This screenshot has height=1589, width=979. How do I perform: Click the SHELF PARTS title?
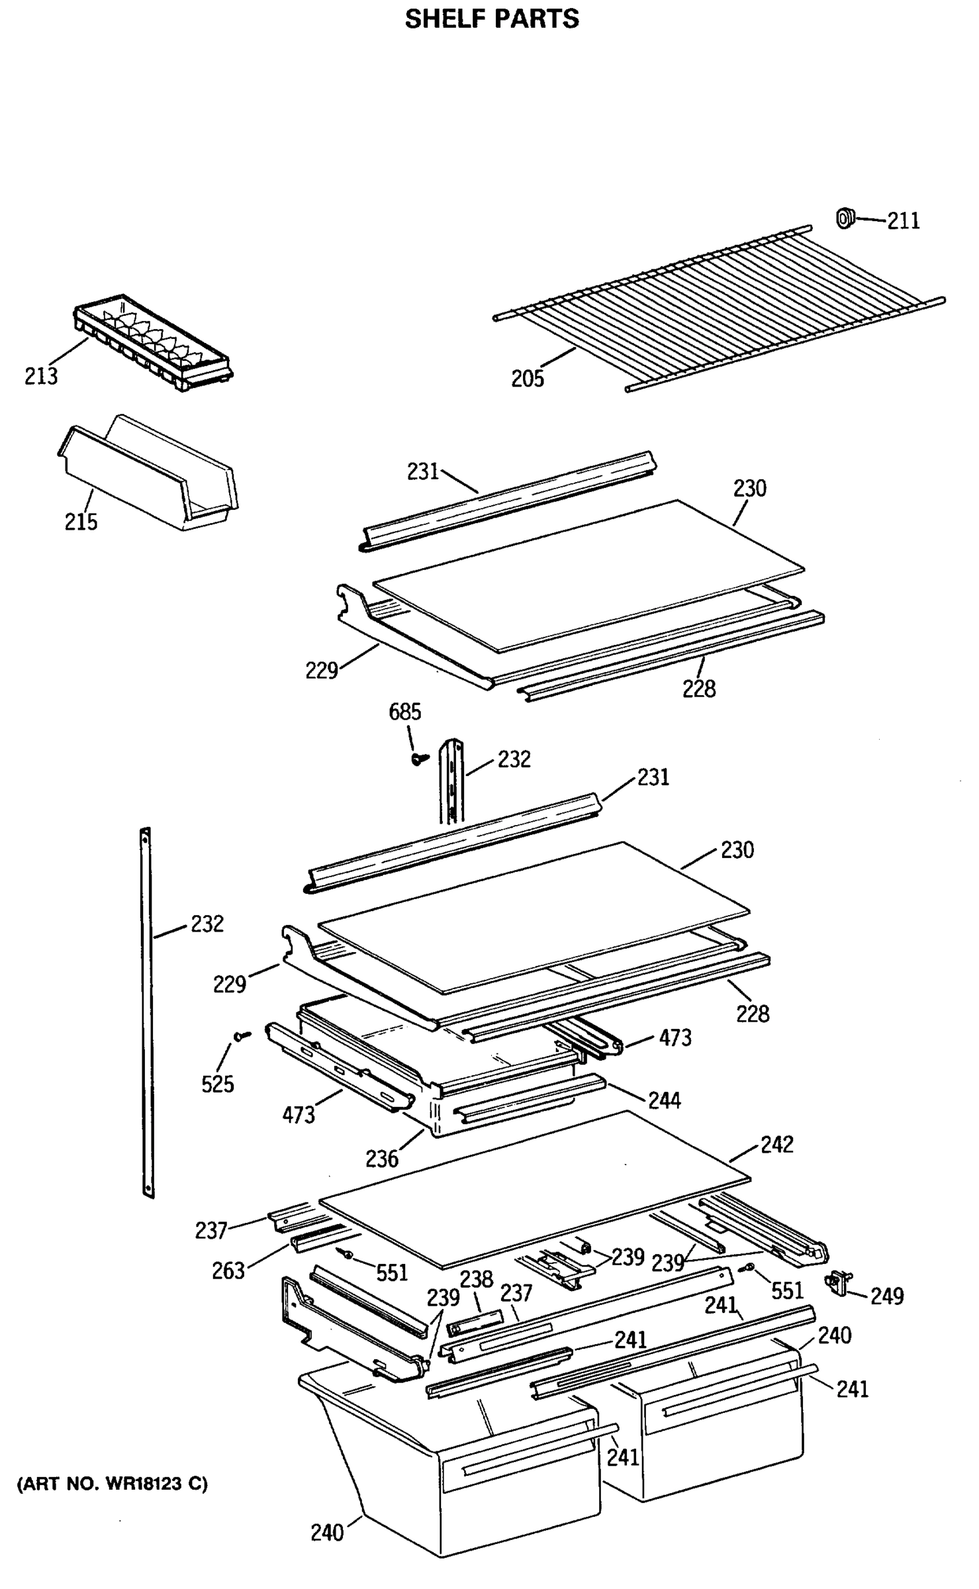point(491,19)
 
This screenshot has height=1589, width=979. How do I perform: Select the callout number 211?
point(903,221)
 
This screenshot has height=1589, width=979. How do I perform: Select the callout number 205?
point(527,379)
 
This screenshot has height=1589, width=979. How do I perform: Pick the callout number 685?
point(404,712)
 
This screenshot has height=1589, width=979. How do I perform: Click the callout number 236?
point(382,1159)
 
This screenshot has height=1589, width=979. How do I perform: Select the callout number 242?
point(776,1145)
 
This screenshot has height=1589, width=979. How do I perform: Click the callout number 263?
point(228,1271)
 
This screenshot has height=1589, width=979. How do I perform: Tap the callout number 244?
point(664,1100)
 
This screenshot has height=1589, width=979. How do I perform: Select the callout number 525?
point(218,1084)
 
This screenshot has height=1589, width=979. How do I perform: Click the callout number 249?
point(886,1296)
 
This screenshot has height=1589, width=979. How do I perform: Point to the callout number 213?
point(41,376)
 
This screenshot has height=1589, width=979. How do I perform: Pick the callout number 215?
point(81,522)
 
